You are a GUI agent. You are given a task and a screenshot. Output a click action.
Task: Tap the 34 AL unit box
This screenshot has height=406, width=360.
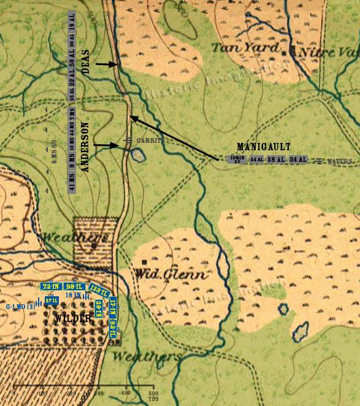(x=298, y=159)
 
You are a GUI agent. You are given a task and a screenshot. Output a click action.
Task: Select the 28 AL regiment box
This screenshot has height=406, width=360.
(x=276, y=159)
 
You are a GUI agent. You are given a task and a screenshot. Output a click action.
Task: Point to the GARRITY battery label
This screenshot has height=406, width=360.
(x=151, y=140)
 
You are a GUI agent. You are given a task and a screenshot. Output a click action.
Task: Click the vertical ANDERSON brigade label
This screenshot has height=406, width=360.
(x=85, y=147)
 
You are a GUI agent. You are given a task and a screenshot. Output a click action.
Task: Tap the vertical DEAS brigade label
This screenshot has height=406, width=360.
(x=85, y=62)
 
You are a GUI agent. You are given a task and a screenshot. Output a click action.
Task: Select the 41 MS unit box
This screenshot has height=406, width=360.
(x=72, y=185)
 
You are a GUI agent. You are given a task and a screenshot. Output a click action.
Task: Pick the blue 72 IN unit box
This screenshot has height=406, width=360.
(x=50, y=286)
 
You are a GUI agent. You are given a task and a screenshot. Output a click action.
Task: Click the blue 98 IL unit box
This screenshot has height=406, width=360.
(x=75, y=286)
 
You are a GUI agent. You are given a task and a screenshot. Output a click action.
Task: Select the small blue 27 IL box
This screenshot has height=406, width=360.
(x=52, y=301)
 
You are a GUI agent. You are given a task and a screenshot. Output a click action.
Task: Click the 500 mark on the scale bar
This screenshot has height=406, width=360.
(x=153, y=393)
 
